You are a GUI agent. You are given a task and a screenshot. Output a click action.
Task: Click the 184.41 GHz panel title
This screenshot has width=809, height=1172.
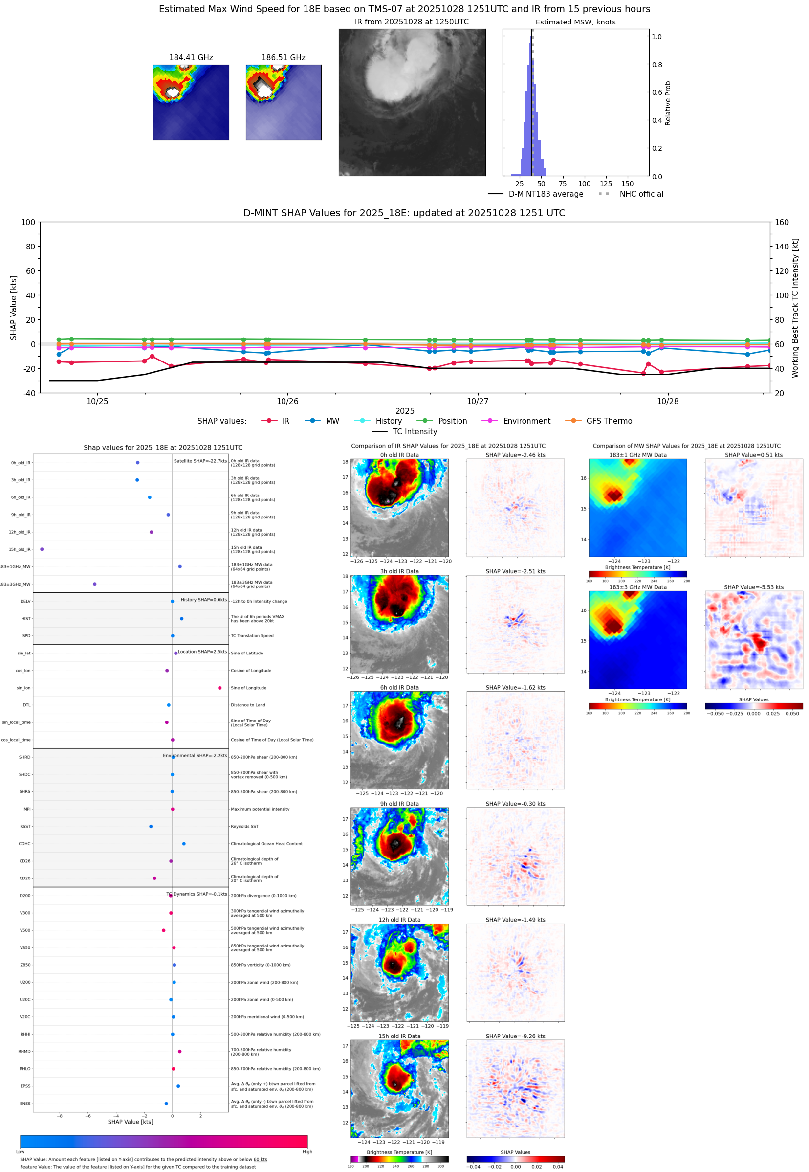point(191,58)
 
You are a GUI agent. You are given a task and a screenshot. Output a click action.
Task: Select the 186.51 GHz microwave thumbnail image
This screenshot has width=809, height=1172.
point(284,102)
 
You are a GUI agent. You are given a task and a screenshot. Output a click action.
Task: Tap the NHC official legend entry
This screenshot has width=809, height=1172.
point(641,194)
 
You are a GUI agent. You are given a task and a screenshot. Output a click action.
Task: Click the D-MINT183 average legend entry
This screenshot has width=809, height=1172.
point(546,194)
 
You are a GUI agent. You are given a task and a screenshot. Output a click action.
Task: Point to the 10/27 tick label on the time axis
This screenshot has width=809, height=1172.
point(477,401)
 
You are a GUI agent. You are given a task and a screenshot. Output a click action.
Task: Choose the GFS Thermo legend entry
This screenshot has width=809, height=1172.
point(609,421)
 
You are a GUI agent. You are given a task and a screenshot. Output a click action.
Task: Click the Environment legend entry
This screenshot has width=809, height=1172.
point(526,421)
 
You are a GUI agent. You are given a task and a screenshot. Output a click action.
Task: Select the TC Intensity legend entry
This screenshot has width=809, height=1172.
point(414,431)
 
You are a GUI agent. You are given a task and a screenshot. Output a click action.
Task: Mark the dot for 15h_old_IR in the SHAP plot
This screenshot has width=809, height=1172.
point(42,549)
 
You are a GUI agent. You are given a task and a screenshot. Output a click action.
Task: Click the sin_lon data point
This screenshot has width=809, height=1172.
point(219,688)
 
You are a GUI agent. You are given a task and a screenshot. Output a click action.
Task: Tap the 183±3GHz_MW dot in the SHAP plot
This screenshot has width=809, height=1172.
point(95,584)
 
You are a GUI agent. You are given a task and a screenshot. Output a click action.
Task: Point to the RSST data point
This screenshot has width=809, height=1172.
point(151,826)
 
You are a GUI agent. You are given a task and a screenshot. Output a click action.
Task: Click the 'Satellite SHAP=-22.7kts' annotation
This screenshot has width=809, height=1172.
point(200,461)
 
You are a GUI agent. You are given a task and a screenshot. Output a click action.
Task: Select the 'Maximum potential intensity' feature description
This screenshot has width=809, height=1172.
point(260,809)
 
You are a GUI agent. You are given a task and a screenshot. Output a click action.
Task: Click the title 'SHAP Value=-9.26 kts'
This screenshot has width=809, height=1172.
point(515,1036)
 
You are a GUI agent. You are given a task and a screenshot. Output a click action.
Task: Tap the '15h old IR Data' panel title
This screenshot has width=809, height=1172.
point(399,1036)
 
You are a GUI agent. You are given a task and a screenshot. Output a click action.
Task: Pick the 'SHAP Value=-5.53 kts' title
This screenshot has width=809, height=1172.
point(753,587)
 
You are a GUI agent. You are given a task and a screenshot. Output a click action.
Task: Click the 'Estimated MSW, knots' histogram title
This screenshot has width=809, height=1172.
point(575,23)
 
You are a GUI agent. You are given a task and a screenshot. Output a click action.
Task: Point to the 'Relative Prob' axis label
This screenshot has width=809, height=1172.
point(668,103)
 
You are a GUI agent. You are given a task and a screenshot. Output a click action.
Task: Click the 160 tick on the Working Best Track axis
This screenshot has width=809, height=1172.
point(782,222)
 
